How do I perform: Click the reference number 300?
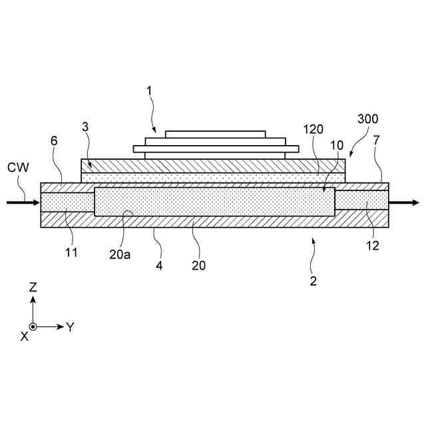pyautogui.click(x=367, y=119)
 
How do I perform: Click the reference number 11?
pyautogui.click(x=71, y=252)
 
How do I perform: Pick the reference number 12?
pyautogui.click(x=372, y=245)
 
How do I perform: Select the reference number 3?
pyautogui.click(x=85, y=126)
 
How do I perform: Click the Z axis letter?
pyautogui.click(x=33, y=288)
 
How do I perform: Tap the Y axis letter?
pyautogui.click(x=70, y=327)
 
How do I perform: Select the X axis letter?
pyautogui.click(x=24, y=337)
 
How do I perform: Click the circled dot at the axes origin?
pyautogui.click(x=33, y=327)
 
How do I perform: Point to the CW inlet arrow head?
pyautogui.click(x=37, y=201)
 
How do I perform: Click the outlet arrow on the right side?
pyautogui.click(x=410, y=202)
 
